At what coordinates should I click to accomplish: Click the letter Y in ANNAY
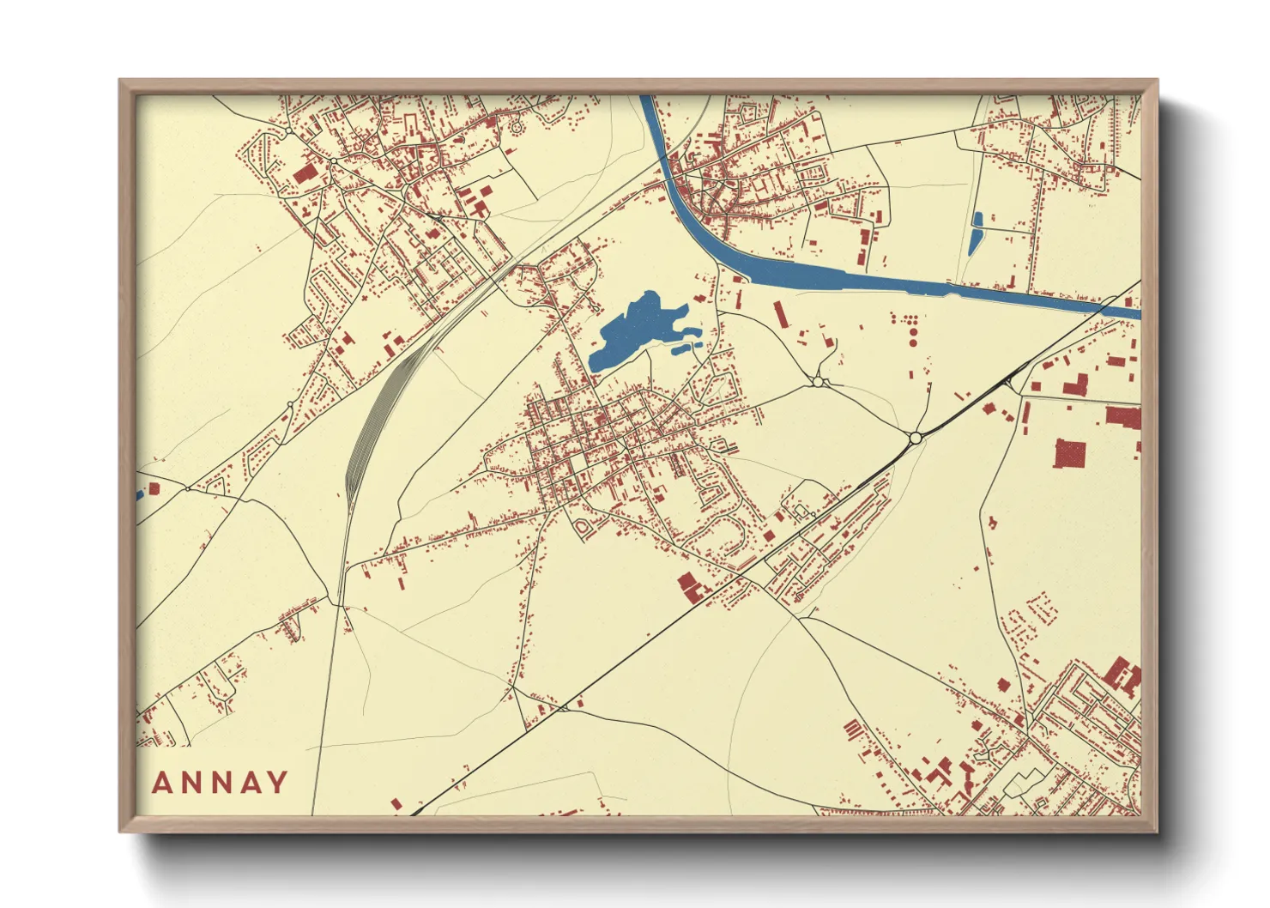pyautogui.click(x=277, y=783)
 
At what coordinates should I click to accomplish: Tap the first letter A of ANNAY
pyautogui.click(x=163, y=783)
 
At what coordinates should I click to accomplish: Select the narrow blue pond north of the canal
pyautogui.click(x=976, y=233)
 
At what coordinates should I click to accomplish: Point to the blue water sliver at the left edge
pyautogui.click(x=139, y=495)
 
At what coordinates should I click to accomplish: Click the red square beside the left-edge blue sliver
pyautogui.click(x=154, y=488)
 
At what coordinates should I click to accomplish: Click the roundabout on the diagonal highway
pyautogui.click(x=916, y=438)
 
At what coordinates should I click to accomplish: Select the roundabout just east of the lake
pyautogui.click(x=819, y=382)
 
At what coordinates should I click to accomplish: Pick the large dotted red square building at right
pyautogui.click(x=1069, y=453)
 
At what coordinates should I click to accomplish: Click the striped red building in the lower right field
pyautogui.click(x=852, y=729)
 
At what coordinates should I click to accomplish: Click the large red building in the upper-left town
pyautogui.click(x=305, y=174)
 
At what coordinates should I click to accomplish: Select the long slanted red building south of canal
pyautogui.click(x=780, y=313)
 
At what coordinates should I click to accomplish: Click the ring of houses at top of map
pyautogui.click(x=517, y=127)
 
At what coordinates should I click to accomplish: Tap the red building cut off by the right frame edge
pyautogui.click(x=1124, y=417)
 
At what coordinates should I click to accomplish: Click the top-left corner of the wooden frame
pyautogui.click(x=121, y=82)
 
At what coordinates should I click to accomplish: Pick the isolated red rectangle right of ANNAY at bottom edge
pyautogui.click(x=396, y=804)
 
